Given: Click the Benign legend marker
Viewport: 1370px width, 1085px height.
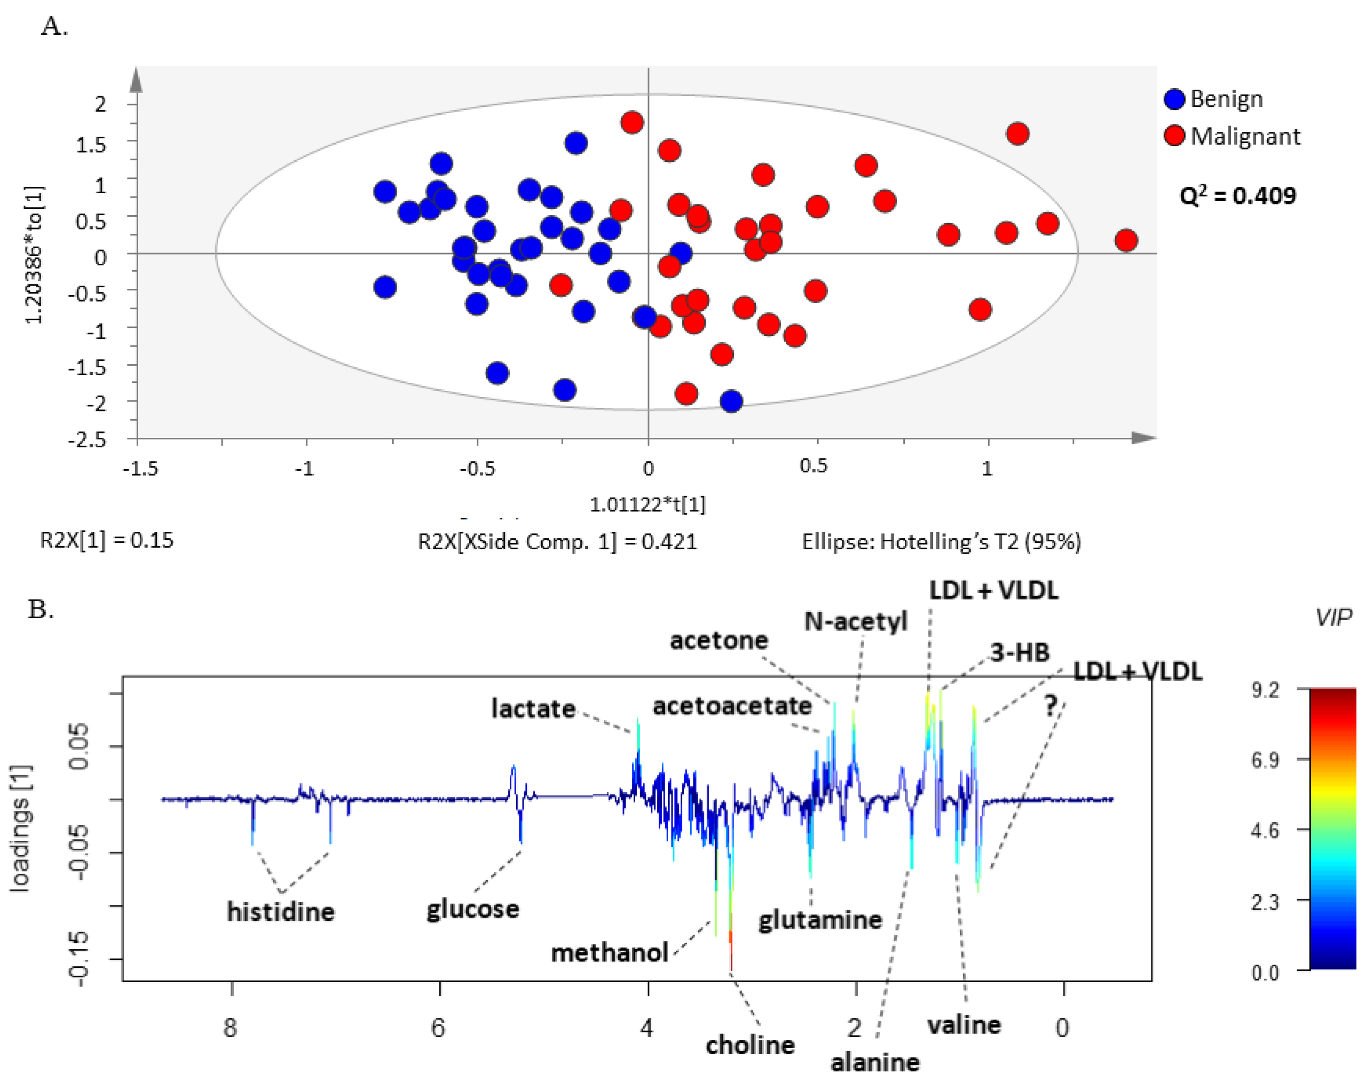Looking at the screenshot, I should [1174, 99].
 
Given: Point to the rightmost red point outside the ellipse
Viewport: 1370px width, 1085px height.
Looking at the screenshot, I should [1125, 240].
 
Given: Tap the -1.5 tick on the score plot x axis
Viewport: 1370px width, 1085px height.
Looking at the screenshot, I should [140, 469].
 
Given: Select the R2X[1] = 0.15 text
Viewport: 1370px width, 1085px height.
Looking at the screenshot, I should [107, 540].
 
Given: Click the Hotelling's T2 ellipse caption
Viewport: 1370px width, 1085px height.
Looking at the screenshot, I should [941, 541].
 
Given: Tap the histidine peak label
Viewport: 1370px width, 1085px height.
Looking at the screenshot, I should [281, 911].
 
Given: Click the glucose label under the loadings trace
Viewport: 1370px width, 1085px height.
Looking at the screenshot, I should [473, 909].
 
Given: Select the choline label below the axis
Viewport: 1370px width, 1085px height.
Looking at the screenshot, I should [750, 1045].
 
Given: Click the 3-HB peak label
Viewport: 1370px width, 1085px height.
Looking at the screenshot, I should [1020, 653].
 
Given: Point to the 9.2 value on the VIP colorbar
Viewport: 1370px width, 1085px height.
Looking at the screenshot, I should [1265, 690].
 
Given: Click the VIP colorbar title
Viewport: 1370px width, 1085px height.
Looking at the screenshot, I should [1333, 617].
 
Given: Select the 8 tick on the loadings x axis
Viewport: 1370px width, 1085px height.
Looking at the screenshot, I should [230, 1027].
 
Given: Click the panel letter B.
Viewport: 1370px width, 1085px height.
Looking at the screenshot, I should [40, 609].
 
